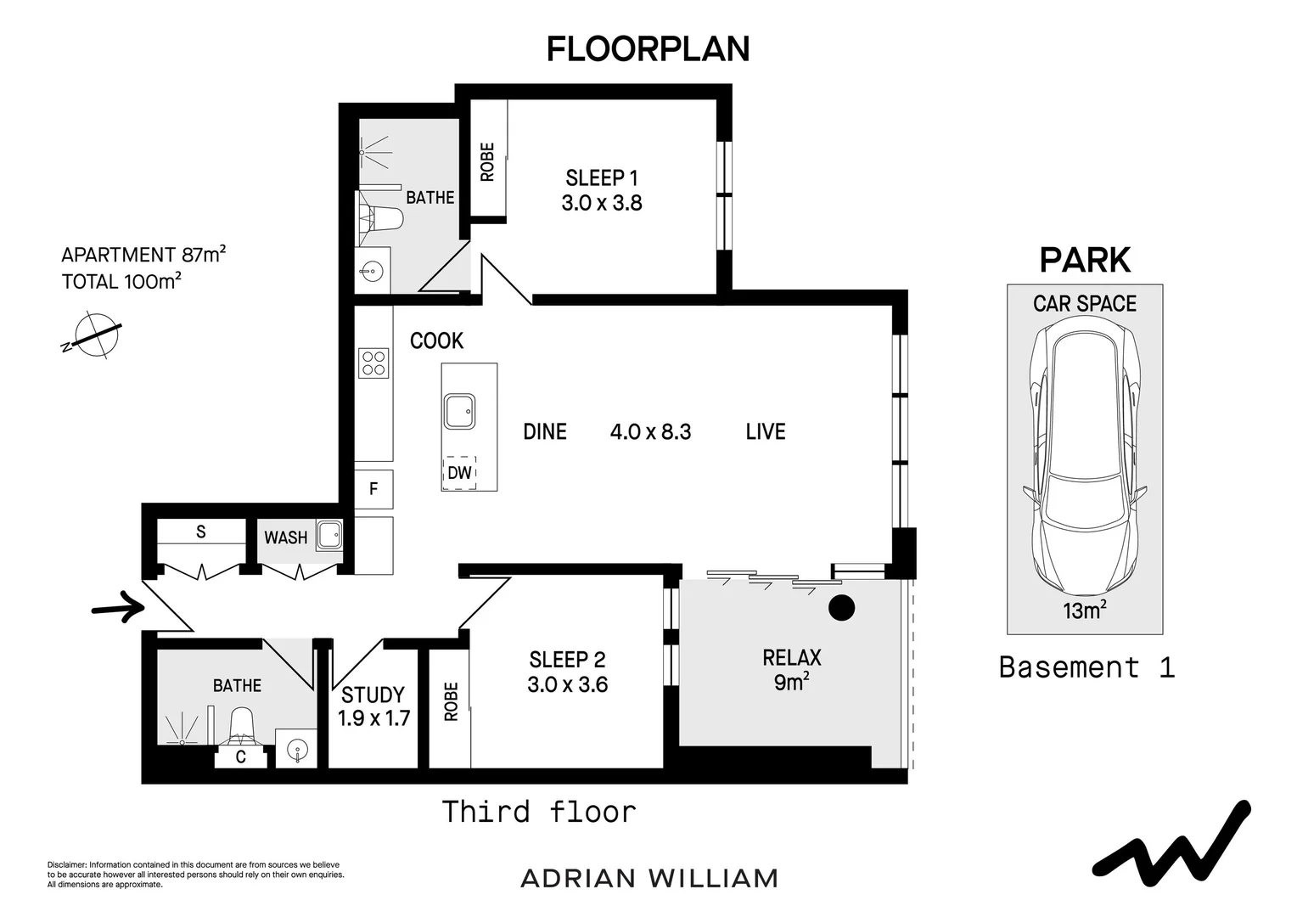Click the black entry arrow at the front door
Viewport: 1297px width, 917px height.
117,608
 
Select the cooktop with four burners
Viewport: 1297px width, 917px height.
373,363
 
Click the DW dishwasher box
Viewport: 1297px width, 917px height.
459,472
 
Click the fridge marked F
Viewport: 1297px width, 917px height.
373,489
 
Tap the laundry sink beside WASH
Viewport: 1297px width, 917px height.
328,536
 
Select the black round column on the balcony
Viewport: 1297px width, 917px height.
841,608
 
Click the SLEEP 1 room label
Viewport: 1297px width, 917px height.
601,178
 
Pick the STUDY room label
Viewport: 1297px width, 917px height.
373,695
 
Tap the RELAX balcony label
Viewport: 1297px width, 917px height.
792,657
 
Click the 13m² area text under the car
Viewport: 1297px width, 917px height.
1085,610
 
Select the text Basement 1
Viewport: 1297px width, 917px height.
1086,667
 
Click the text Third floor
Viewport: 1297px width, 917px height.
539,812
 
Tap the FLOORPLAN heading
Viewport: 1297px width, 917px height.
648,49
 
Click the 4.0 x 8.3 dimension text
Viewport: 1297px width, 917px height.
650,432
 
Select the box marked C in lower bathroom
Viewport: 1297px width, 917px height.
241,757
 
